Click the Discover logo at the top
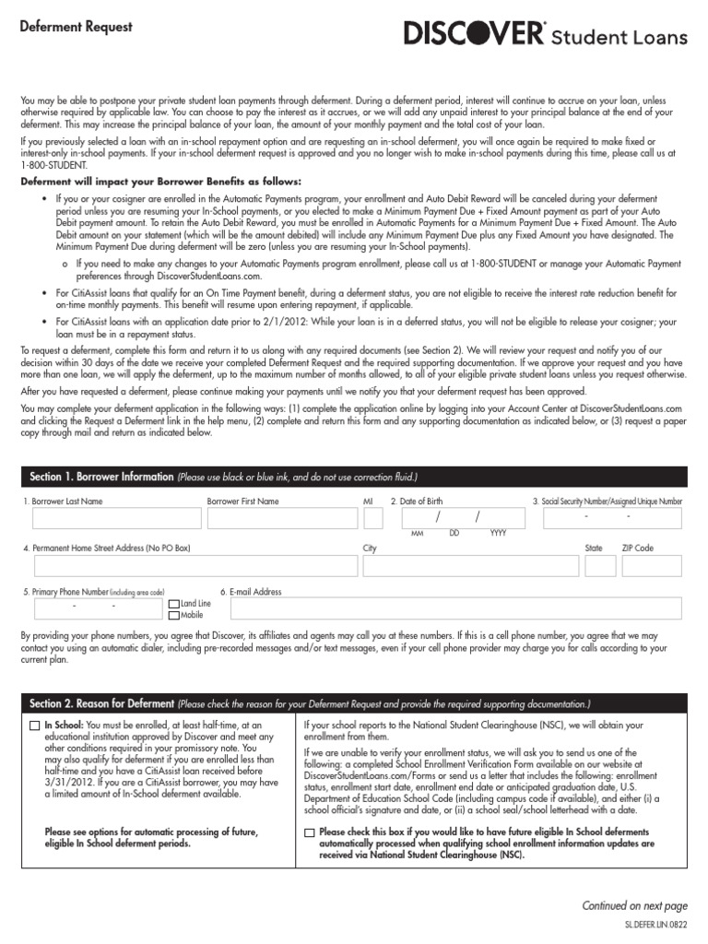pyautogui.click(x=546, y=36)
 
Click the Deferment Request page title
pyautogui.click(x=77, y=27)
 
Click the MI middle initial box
pyautogui.click(x=372, y=519)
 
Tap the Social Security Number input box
pyautogui.click(x=611, y=519)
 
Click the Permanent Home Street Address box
pyautogui.click(x=195, y=565)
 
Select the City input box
pyautogui.click(x=463, y=565)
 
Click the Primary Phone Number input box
pyautogui.click(x=98, y=608)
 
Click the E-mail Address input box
pyautogui.click(x=451, y=608)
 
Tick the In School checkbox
pyautogui.click(x=35, y=726)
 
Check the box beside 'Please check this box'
pyautogui.click(x=309, y=832)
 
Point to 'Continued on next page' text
pyautogui.click(x=634, y=906)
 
